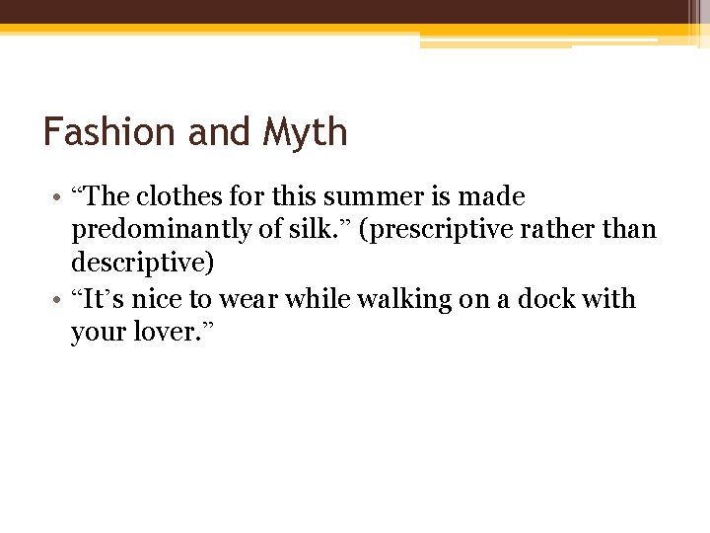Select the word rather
(561, 230)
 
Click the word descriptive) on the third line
(142, 265)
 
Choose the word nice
(156, 299)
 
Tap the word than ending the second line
(632, 230)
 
